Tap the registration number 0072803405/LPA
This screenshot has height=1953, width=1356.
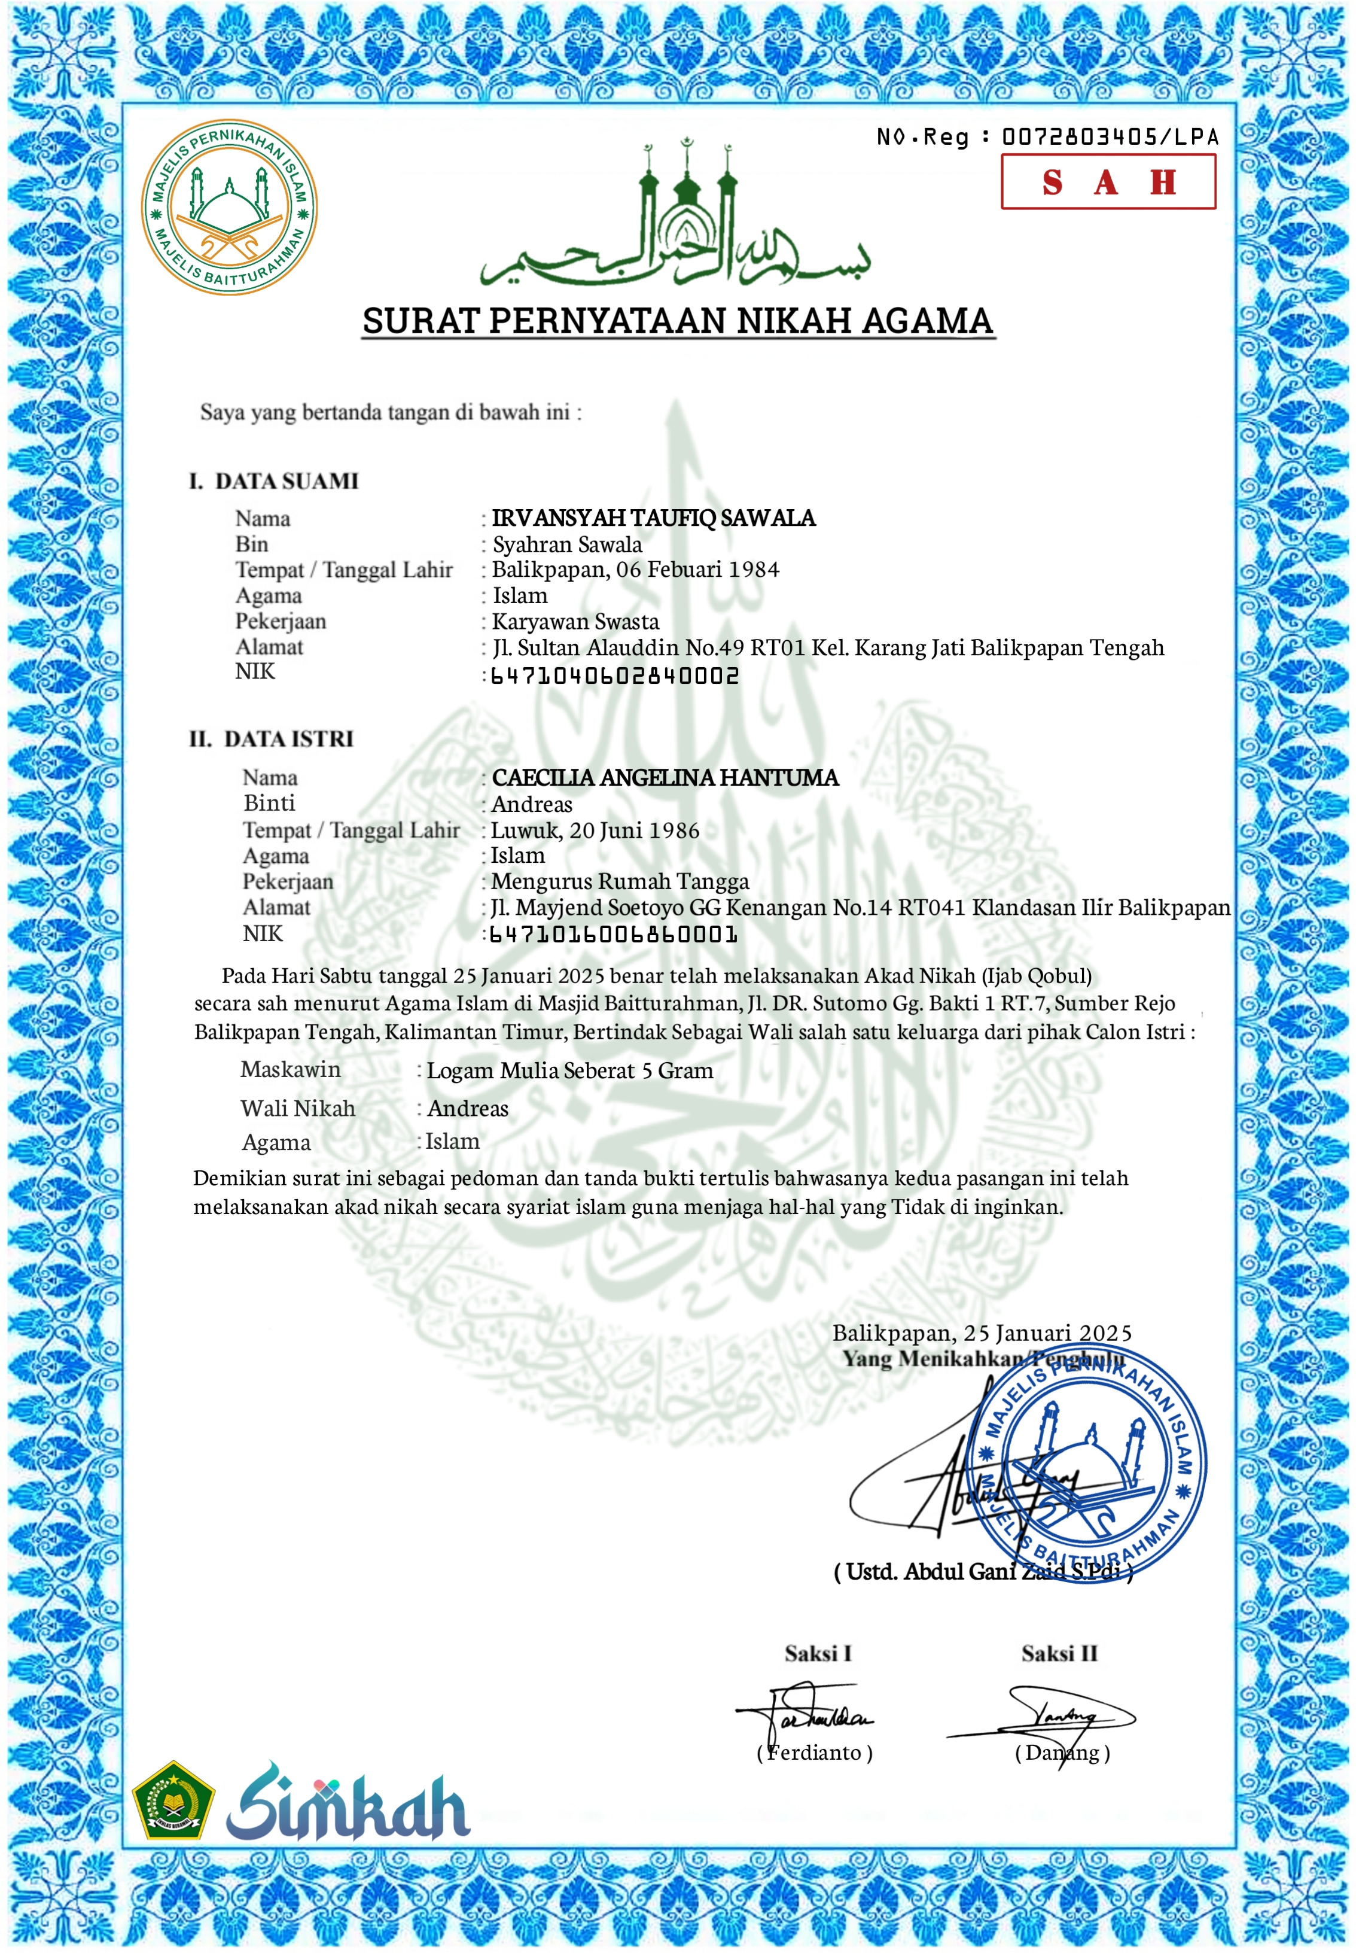1110,137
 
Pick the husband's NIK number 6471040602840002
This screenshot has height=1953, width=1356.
615,676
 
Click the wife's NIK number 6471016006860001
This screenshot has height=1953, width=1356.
614,935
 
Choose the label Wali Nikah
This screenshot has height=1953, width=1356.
297,1108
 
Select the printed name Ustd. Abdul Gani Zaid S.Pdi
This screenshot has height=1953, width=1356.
983,1571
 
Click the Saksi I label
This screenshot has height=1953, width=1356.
817,1653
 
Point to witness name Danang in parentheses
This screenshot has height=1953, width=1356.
1062,1753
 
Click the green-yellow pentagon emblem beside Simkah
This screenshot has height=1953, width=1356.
173,1801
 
